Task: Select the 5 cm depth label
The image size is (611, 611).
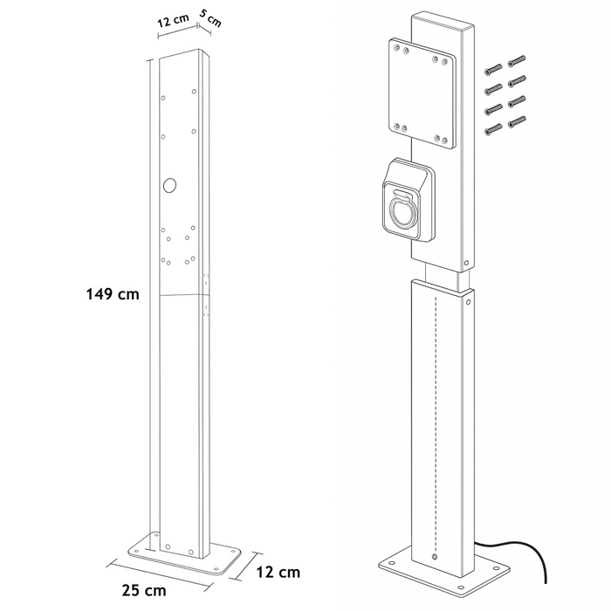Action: [x=210, y=20]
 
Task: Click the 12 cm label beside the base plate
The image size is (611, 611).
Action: [x=279, y=572]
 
